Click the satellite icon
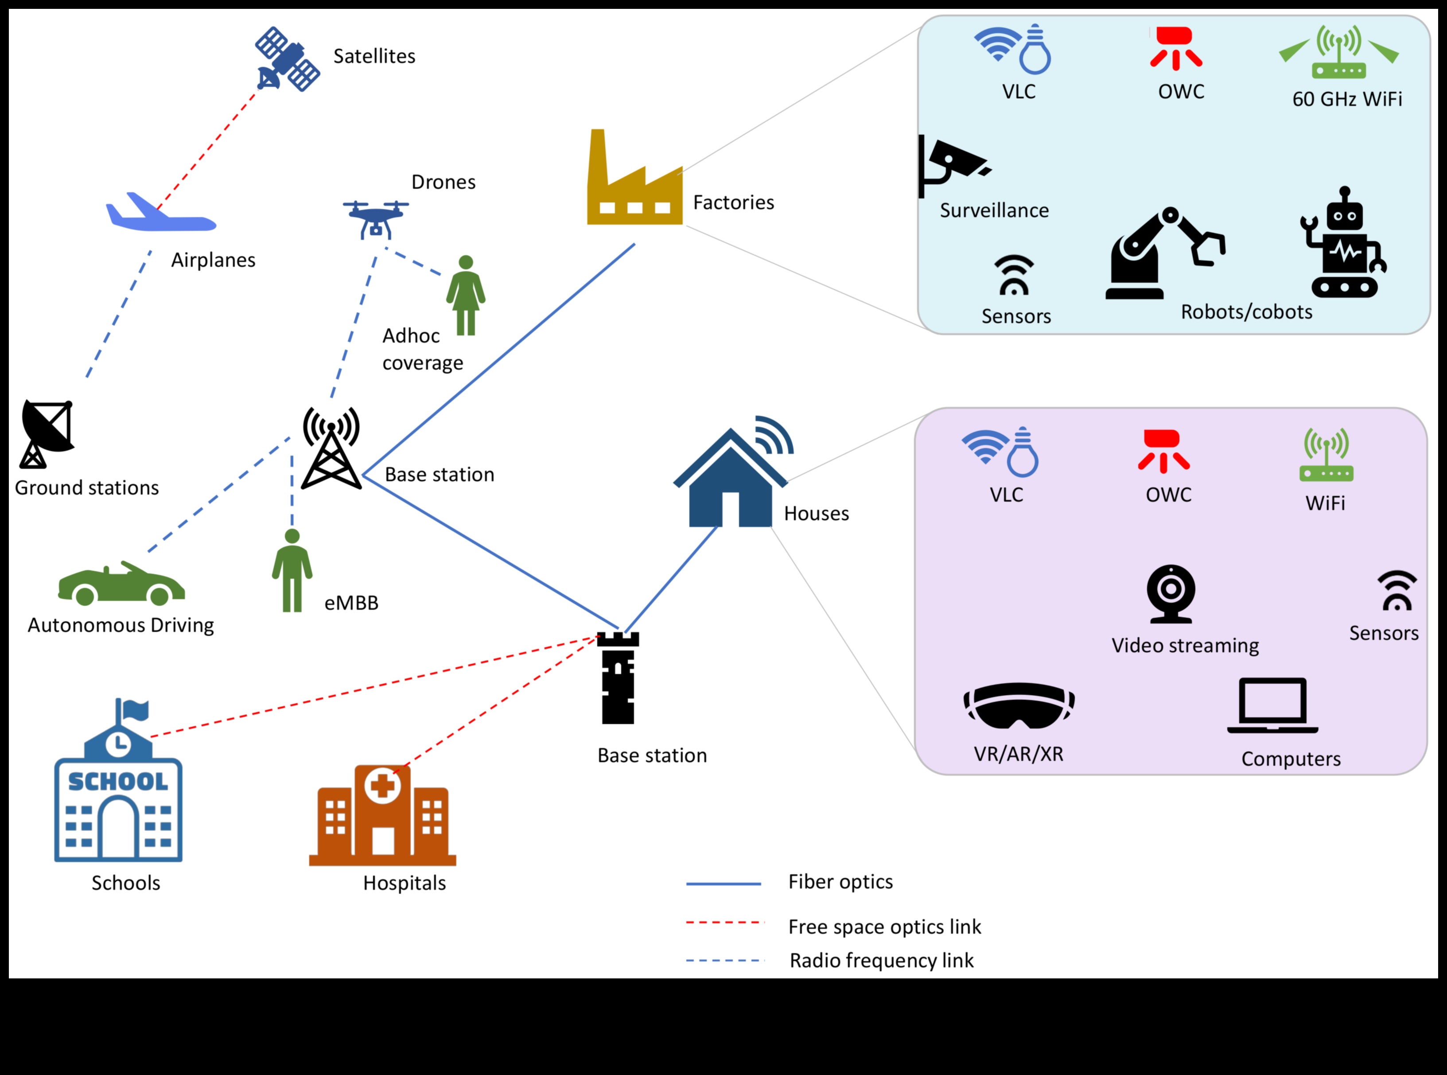pos(287,58)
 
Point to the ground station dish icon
pos(46,433)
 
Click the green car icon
pos(122,584)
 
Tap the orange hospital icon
pos(382,816)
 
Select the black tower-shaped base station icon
pos(618,678)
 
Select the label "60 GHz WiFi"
pos(1347,99)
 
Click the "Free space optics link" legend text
pos(884,927)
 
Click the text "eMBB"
pos(351,603)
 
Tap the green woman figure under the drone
pos(466,296)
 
